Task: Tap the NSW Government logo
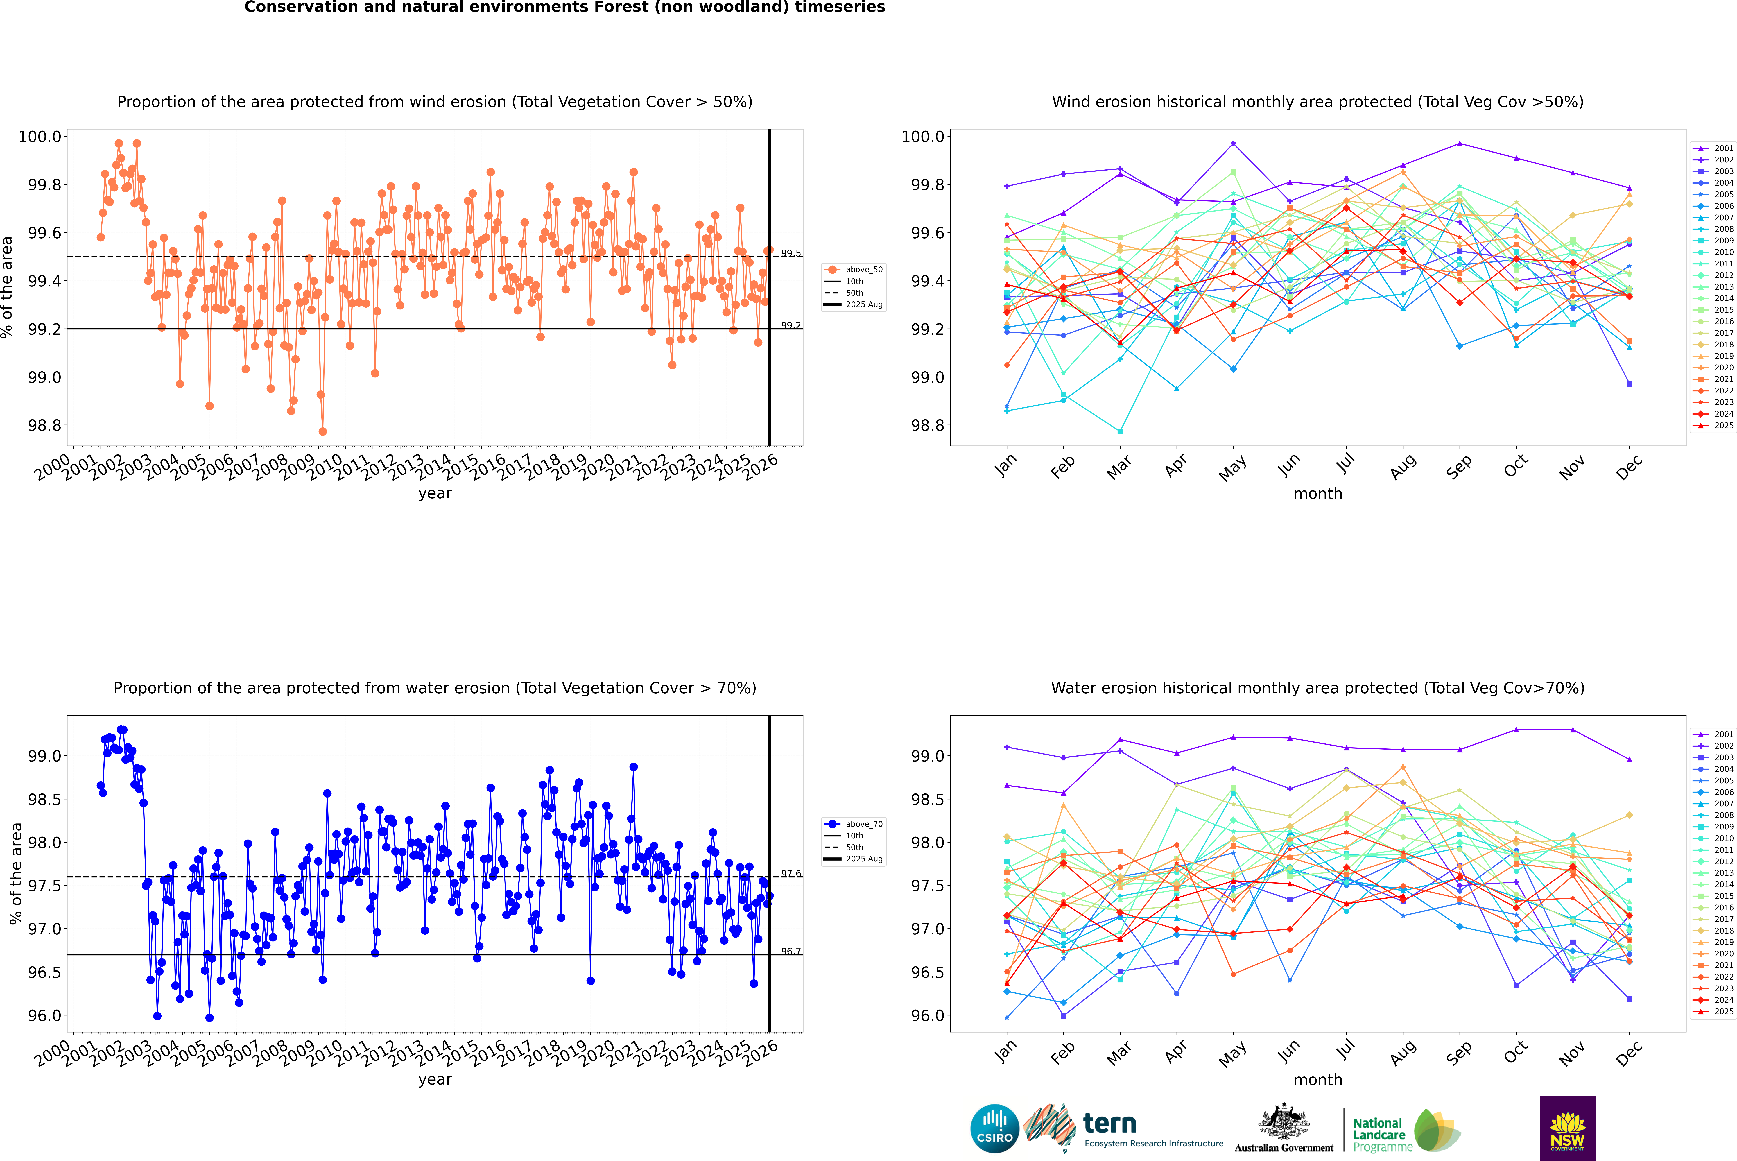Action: (1567, 1128)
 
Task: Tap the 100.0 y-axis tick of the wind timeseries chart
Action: (40, 136)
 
